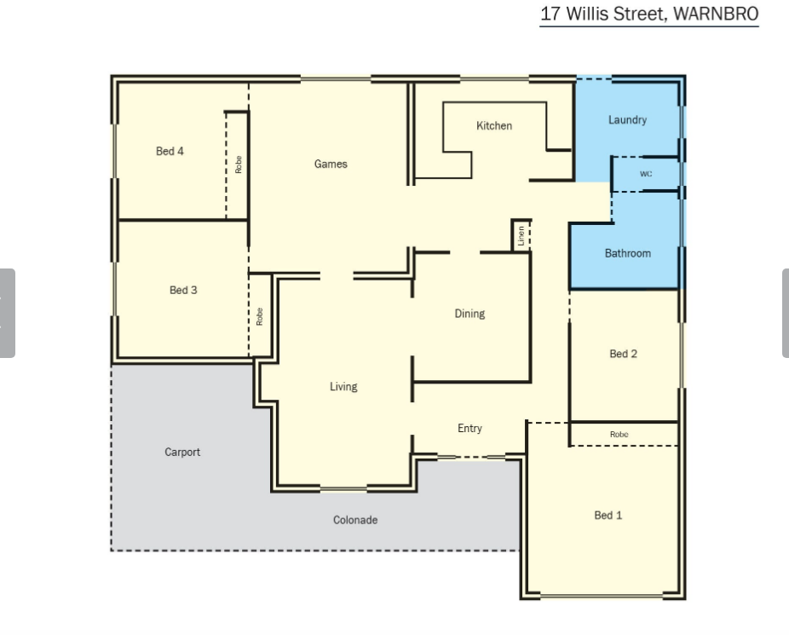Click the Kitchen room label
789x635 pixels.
(494, 126)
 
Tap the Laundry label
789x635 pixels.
(627, 119)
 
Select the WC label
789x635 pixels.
(646, 174)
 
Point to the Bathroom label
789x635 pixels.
(627, 253)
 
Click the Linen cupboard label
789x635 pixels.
(521, 235)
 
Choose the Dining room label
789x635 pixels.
(469, 314)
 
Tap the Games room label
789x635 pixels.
(331, 164)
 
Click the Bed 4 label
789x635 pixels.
(170, 151)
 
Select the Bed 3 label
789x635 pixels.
(183, 290)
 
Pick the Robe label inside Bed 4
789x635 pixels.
(239, 165)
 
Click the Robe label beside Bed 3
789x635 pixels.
(260, 316)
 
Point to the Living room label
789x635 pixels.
(343, 386)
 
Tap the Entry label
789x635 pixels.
(469, 428)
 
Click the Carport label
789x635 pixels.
(182, 452)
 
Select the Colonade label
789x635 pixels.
(355, 520)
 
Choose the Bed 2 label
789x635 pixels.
(623, 354)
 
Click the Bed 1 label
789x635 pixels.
(608, 516)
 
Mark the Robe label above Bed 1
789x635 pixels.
(619, 434)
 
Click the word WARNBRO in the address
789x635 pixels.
(716, 14)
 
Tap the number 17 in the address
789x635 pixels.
(550, 14)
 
